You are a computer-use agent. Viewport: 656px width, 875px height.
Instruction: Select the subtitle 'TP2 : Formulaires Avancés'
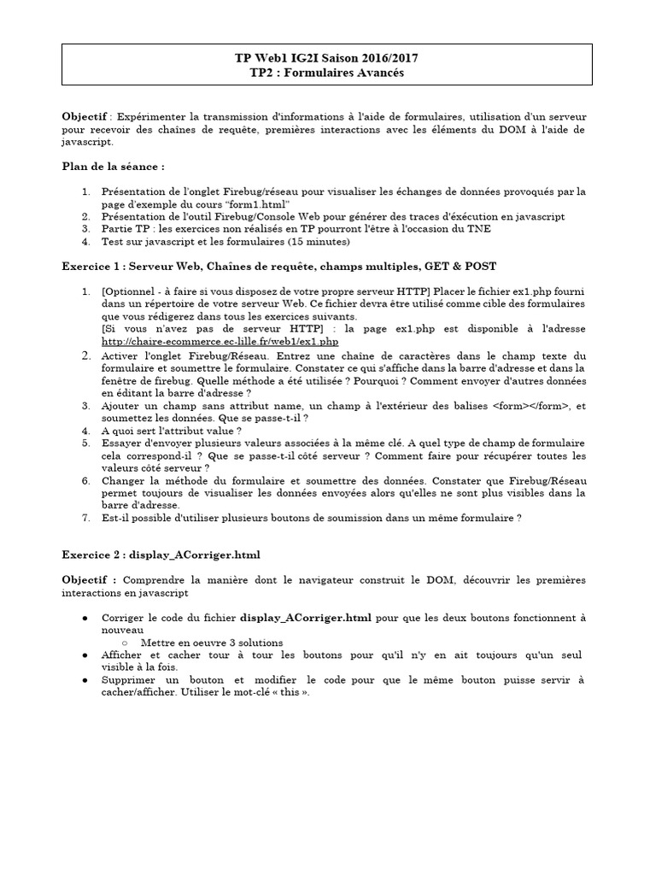point(327,73)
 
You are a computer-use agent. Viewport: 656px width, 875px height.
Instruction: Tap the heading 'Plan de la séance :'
point(113,165)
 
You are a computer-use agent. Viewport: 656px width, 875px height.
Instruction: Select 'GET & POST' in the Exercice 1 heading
point(462,267)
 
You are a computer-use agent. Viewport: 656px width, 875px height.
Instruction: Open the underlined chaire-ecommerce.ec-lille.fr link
point(214,341)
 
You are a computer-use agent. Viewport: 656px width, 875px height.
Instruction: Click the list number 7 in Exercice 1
point(85,517)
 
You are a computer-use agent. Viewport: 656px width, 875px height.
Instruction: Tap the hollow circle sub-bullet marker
point(125,642)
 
